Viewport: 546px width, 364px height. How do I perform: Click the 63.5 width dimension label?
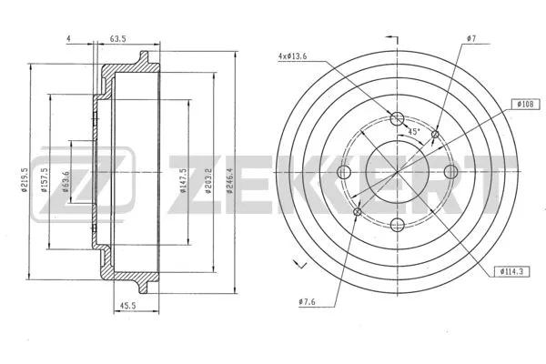point(117,39)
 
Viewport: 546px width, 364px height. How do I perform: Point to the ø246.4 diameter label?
point(229,170)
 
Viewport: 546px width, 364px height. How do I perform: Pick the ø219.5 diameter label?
point(35,171)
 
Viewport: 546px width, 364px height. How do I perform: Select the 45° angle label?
point(413,132)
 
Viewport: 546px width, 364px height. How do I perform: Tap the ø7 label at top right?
point(470,39)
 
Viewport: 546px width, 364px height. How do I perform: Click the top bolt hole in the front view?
point(396,118)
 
